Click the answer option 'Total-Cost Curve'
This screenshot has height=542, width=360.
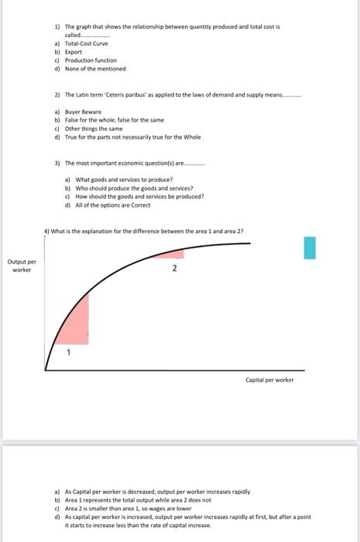[86, 44]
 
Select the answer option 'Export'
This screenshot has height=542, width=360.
[74, 52]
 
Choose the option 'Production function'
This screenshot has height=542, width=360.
[90, 60]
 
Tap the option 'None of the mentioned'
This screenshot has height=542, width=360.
[94, 67]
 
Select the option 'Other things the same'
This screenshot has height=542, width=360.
[94, 129]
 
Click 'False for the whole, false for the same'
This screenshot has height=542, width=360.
[114, 121]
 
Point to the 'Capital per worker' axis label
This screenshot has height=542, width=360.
[269, 379]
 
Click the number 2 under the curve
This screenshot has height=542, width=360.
[174, 269]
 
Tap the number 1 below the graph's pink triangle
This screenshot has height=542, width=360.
[68, 353]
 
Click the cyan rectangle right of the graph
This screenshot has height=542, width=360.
[310, 249]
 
